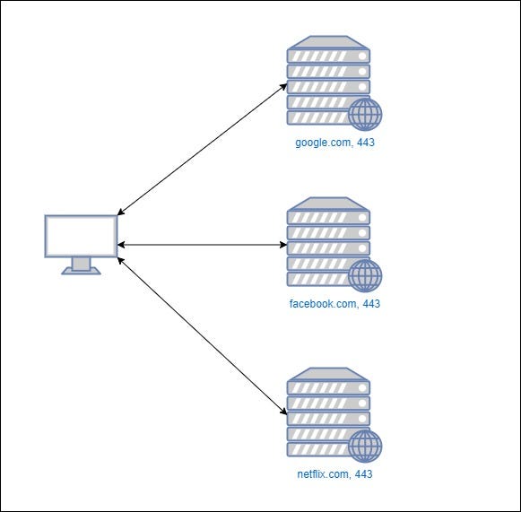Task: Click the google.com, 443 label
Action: click(334, 143)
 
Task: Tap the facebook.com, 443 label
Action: click(334, 304)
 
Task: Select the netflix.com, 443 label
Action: click(334, 473)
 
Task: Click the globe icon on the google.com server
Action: click(365, 115)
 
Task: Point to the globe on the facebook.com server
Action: click(365, 276)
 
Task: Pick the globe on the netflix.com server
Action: click(365, 446)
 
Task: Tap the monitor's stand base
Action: click(81, 270)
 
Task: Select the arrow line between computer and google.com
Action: click(202, 150)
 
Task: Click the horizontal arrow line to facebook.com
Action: click(202, 244)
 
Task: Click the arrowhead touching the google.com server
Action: click(283, 87)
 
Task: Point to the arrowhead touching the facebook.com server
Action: click(282, 244)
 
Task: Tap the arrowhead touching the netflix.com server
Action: click(283, 412)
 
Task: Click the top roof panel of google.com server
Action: click(328, 41)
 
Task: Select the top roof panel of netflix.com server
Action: click(328, 372)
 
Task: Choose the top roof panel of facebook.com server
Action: click(328, 203)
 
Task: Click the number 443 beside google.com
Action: click(364, 143)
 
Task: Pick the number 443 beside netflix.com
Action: click(362, 473)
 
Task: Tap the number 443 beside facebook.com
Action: click(370, 304)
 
